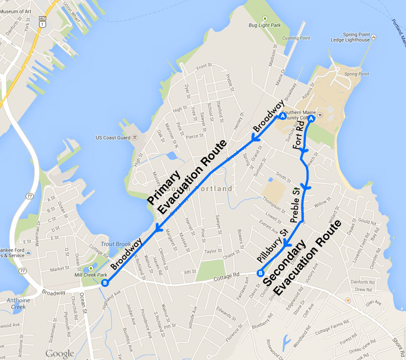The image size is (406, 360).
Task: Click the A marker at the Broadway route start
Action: (282, 116)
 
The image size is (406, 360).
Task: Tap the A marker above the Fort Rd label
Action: (311, 119)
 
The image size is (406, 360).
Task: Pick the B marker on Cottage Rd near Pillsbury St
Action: (260, 273)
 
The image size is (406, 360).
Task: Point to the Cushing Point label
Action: (296, 39)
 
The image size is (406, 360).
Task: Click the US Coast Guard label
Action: (113, 138)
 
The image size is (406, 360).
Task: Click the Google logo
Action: (59, 353)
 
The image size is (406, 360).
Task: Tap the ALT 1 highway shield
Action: (43, 22)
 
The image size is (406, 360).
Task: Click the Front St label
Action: (204, 66)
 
